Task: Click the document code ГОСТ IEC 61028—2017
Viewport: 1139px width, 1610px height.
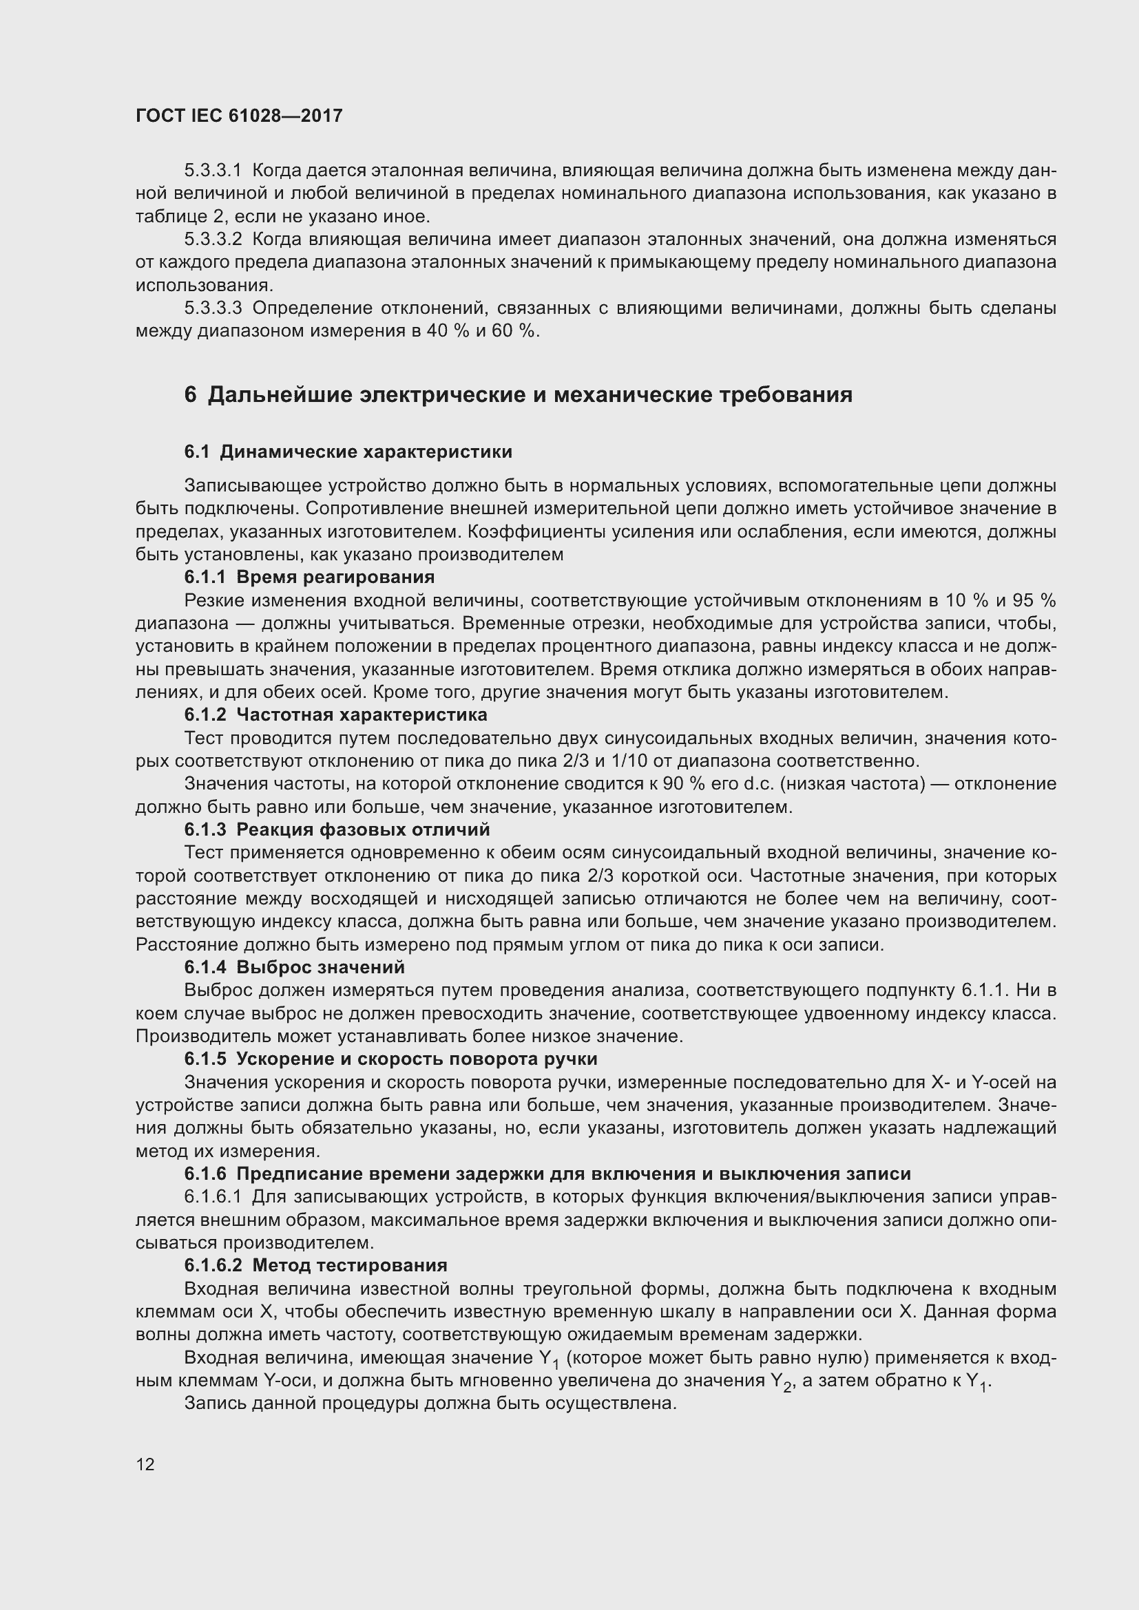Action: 239,116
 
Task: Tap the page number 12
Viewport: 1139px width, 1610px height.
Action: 145,1464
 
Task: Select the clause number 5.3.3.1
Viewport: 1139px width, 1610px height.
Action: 213,171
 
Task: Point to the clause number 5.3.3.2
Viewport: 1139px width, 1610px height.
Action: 213,240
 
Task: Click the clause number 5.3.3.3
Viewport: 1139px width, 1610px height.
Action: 213,308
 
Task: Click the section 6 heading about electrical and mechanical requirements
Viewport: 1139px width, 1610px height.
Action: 519,395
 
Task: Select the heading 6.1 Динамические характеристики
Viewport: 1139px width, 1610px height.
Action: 348,452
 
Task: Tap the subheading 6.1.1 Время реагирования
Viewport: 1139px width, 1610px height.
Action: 309,577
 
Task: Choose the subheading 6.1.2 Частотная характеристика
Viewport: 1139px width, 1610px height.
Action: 335,715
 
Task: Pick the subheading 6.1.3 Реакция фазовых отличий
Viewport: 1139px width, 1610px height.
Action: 337,830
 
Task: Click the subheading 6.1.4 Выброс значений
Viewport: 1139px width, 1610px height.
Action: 295,968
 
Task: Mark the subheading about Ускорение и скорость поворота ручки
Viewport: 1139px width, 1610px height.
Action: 390,1059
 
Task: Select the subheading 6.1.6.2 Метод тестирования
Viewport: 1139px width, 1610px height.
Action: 315,1266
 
